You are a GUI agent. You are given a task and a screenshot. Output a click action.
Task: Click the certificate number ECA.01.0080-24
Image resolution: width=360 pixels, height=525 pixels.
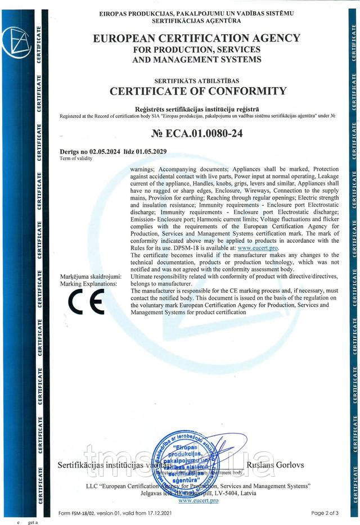(x=197, y=134)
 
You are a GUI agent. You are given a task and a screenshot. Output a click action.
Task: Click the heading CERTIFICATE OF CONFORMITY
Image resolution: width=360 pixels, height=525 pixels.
(x=197, y=91)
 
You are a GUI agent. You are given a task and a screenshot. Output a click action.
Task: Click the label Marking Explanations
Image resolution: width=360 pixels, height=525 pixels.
(x=88, y=284)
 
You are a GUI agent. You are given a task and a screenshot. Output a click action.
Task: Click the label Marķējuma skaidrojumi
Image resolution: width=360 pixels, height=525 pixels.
(x=90, y=277)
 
